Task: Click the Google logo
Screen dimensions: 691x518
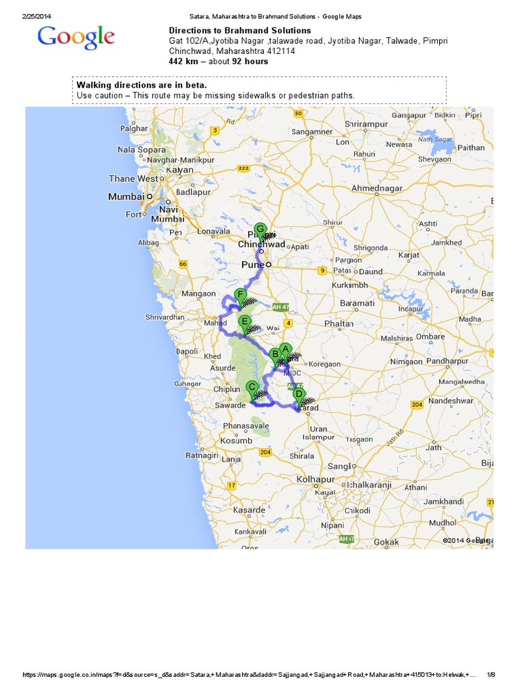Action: click(76, 38)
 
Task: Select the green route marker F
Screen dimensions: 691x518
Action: click(239, 295)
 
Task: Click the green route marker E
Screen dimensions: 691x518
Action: click(245, 322)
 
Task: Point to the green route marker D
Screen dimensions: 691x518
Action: click(299, 394)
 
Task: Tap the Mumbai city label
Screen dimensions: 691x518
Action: click(126, 196)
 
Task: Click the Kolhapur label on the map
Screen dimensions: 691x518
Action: click(316, 479)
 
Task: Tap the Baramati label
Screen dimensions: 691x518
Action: click(357, 304)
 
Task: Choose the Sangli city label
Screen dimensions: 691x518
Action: click(339, 466)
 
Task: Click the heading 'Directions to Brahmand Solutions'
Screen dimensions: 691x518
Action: click(239, 30)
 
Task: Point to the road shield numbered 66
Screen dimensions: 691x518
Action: click(183, 265)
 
